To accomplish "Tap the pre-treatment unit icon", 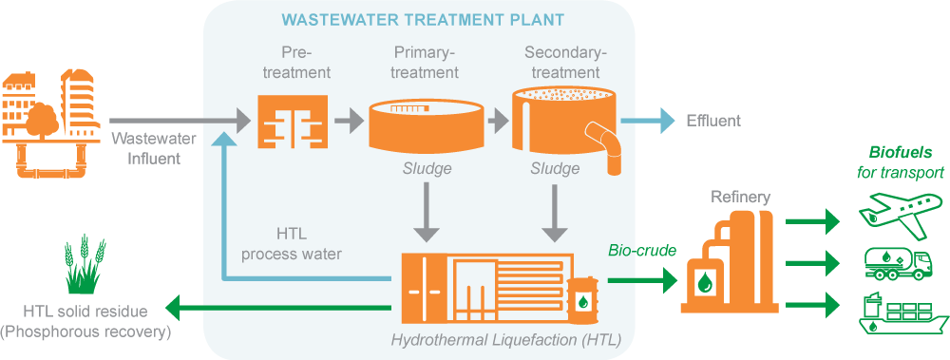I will (293, 122).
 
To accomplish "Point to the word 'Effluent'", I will (712, 122).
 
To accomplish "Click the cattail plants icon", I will (84, 266).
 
